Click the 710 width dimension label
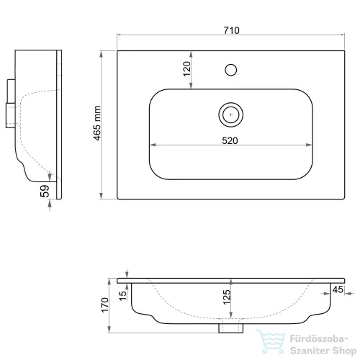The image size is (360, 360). pos(231,30)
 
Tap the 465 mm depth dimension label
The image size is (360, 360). pos(97,123)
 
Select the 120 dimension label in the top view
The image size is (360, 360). pos(186,69)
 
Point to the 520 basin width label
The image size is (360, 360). pos(230,140)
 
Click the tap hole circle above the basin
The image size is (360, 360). pos(231,70)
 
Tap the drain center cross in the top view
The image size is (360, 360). pos(231,114)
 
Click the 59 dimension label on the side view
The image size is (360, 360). pos(45,191)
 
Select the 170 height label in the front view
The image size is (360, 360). pos(105,305)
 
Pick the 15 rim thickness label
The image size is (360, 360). pos(122,296)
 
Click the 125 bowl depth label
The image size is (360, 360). pos(227,297)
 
